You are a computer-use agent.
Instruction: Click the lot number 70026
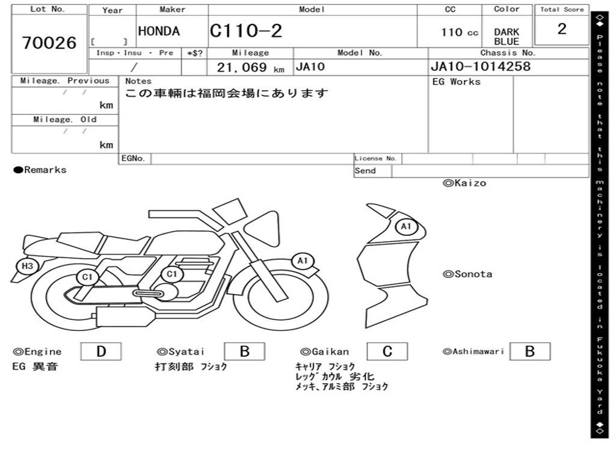(49, 43)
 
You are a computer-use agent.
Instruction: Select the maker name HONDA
(159, 31)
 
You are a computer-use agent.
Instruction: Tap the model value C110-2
(246, 31)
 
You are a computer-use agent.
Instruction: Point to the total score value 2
(562, 29)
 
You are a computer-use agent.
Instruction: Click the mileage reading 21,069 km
(251, 67)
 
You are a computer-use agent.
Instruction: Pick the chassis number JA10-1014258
(481, 66)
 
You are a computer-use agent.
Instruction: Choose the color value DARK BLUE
(507, 37)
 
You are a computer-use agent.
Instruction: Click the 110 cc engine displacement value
(459, 32)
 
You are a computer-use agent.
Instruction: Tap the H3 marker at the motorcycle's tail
(27, 266)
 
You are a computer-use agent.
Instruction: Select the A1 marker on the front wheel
(302, 260)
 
